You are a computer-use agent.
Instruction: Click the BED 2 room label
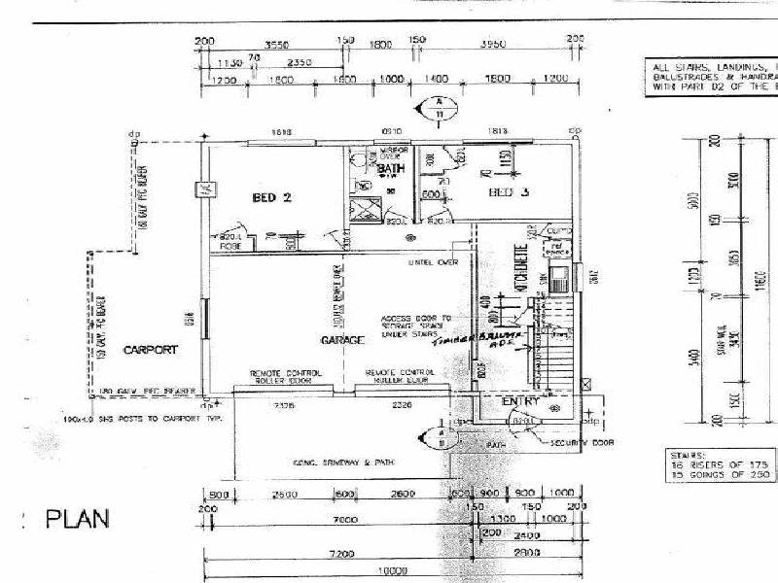pyautogui.click(x=272, y=197)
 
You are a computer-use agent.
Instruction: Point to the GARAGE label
pyautogui.click(x=342, y=341)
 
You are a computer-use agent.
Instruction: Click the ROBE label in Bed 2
pyautogui.click(x=230, y=247)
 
